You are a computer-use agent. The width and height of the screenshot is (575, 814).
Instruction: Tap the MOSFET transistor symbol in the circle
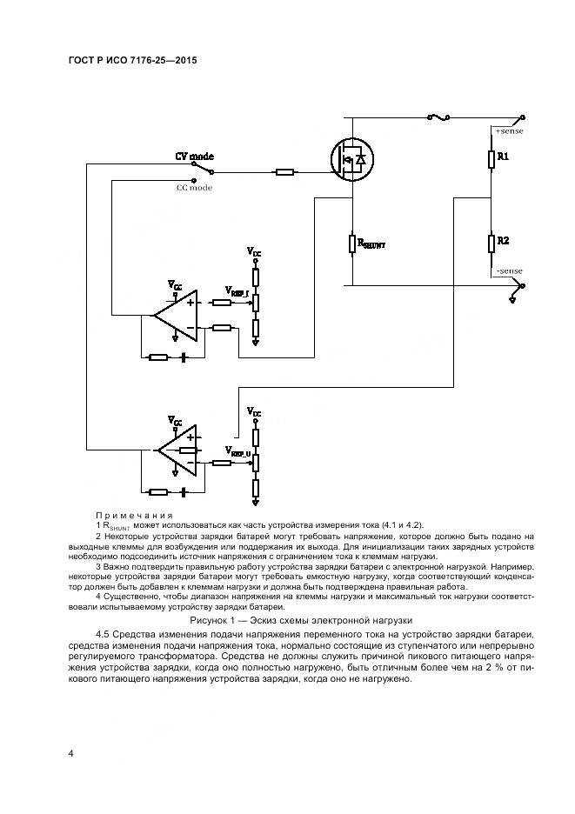point(352,160)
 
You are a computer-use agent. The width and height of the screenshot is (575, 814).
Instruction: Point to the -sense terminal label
point(508,271)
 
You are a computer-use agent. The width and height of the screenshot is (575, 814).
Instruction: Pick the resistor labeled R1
point(491,157)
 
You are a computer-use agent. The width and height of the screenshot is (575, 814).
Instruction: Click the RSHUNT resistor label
point(371,245)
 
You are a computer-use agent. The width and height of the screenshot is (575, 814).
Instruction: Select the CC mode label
point(194,187)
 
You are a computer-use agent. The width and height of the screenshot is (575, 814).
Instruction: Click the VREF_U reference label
point(237,451)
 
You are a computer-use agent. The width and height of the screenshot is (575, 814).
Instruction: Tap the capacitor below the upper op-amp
point(184,357)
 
